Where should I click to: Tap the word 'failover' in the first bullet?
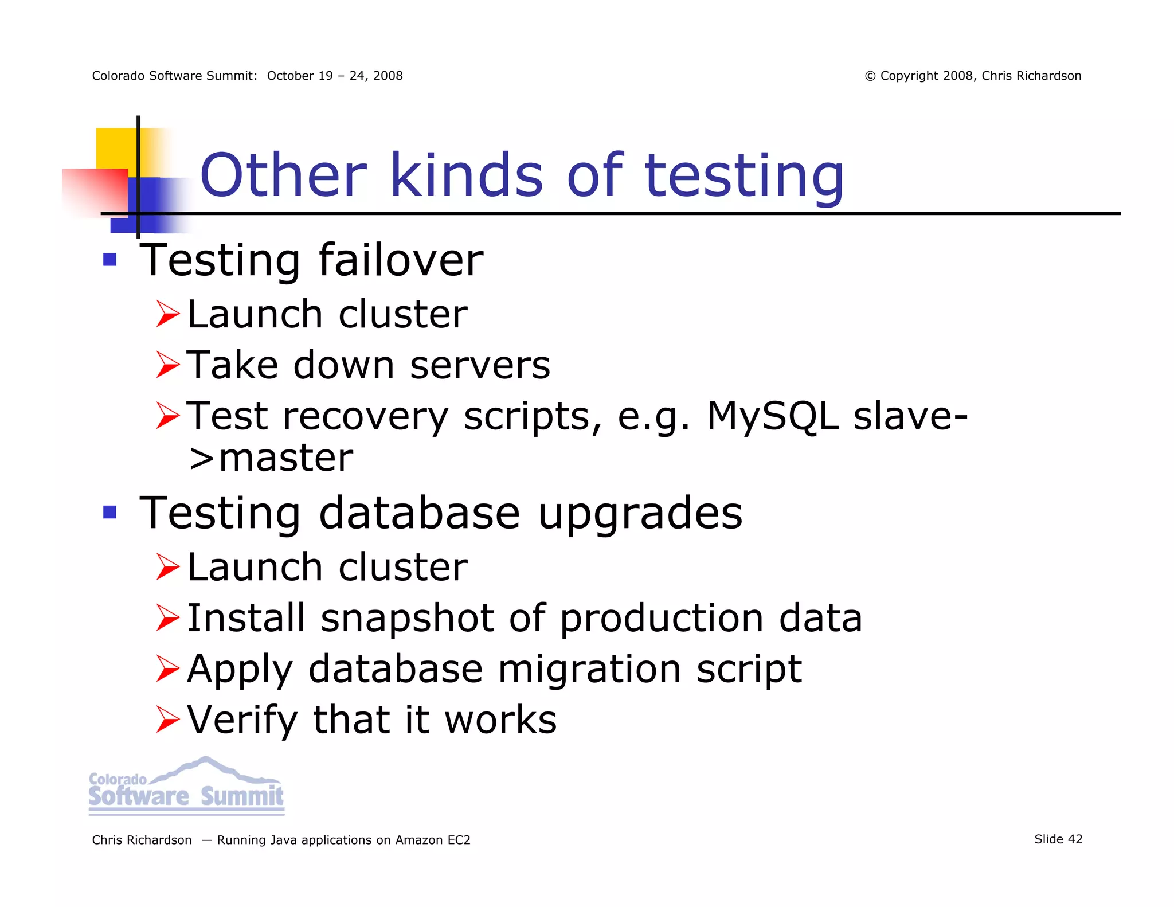[x=401, y=260]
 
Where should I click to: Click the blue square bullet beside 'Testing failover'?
[x=109, y=260]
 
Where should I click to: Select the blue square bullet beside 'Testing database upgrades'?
[x=109, y=511]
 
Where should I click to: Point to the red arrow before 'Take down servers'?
[x=168, y=365]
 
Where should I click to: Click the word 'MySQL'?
[x=773, y=416]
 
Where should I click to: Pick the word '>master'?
[x=271, y=458]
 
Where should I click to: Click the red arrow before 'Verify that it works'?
[x=168, y=720]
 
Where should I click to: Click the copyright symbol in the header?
[x=870, y=76]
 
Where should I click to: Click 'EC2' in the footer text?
[x=459, y=840]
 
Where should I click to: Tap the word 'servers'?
[x=480, y=365]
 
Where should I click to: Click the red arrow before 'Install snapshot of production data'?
[x=168, y=619]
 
